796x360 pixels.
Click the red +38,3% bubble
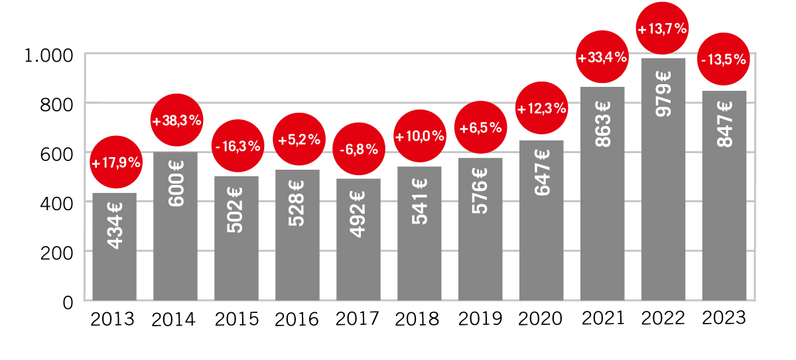point(176,121)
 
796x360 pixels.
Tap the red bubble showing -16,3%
point(237,146)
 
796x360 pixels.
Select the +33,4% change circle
point(602,58)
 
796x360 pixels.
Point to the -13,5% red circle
point(724,59)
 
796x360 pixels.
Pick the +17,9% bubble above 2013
point(115,162)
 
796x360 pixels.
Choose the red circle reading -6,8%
point(358,149)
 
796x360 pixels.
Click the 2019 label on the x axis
point(480,320)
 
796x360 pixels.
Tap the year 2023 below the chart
point(724,318)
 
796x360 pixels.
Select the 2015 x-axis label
point(237,320)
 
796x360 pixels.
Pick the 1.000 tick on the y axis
point(48,55)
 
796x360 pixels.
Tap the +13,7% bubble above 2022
point(662,29)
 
